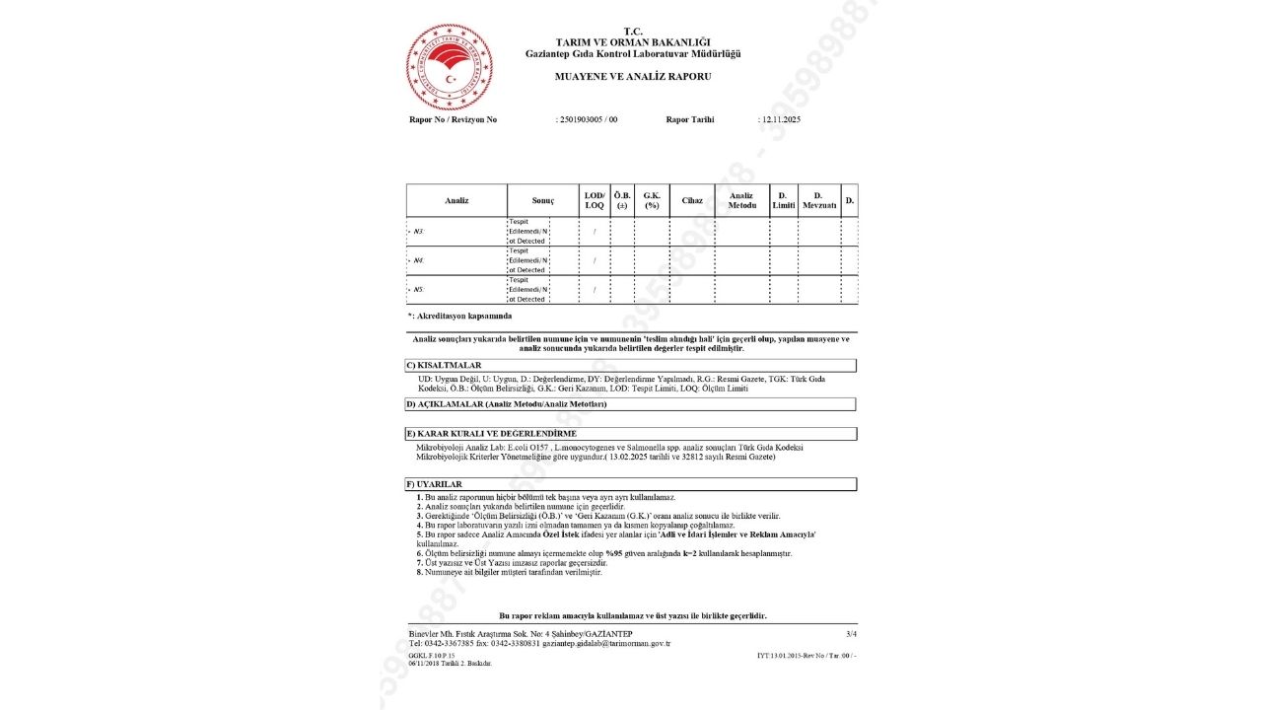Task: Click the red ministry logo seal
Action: tap(450, 67)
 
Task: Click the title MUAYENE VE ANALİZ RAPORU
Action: tap(632, 76)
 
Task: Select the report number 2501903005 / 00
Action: tap(589, 119)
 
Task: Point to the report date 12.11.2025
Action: tap(780, 119)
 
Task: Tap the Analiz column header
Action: tap(456, 201)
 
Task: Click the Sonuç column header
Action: tap(543, 201)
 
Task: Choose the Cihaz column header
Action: tap(692, 201)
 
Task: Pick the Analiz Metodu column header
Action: tap(741, 201)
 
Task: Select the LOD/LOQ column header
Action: tap(595, 201)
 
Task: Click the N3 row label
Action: tap(419, 232)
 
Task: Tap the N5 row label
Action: tap(419, 290)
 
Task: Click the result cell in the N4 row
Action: tap(528, 260)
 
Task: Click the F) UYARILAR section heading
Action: tap(435, 484)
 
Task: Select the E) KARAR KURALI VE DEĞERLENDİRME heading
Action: tap(491, 434)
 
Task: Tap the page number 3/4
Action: tap(851, 633)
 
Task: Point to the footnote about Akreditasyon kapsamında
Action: tap(459, 316)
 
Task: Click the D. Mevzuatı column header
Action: tap(818, 201)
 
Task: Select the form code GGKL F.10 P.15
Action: tap(432, 655)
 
